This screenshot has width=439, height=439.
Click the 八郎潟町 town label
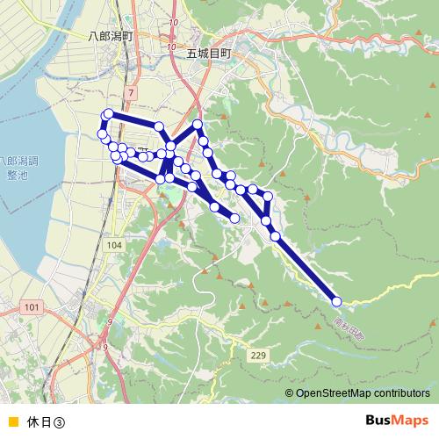[x=110, y=37]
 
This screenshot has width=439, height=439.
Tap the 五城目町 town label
[x=208, y=54]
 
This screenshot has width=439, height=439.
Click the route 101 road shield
[x=32, y=306]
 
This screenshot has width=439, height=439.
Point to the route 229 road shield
[x=257, y=355]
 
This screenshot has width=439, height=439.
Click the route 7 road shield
[x=131, y=92]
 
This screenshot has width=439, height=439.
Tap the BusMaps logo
[x=396, y=420]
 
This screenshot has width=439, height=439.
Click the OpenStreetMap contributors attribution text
[x=363, y=393]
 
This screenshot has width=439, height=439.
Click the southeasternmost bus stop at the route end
[x=336, y=302]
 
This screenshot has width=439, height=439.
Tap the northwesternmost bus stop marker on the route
[x=109, y=113]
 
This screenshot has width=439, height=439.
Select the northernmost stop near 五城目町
[x=198, y=125]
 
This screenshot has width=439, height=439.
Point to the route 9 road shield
[x=110, y=324]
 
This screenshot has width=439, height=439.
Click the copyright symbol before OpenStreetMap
[x=290, y=393]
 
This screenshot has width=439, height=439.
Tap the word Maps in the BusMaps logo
[x=409, y=420]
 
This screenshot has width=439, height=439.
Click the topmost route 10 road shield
[x=174, y=22]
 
